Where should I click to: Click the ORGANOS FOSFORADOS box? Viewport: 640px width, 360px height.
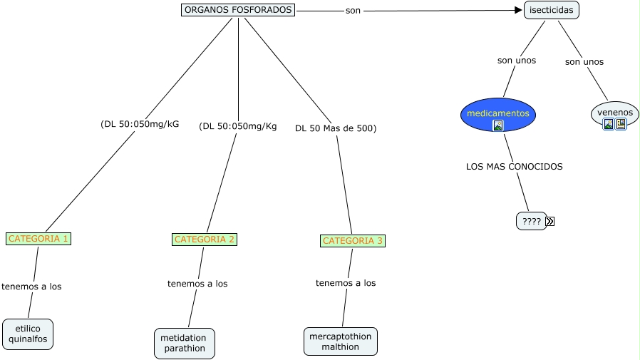point(238,10)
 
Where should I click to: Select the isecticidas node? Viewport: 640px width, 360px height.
point(551,11)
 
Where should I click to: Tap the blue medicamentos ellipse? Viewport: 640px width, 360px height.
point(497,114)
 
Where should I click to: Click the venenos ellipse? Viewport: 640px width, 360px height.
point(614,113)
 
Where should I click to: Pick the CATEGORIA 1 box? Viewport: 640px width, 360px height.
point(38,238)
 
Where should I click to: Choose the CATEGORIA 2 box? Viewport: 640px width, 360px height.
point(205,240)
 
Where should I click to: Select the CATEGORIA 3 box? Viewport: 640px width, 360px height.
point(353,241)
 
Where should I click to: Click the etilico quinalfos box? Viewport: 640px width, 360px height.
point(28,334)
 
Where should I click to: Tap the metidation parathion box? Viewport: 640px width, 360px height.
point(184,343)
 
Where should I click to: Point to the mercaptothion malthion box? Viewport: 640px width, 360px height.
point(341,341)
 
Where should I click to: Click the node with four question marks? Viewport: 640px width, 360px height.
point(531,221)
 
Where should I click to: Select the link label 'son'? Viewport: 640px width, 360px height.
point(352,11)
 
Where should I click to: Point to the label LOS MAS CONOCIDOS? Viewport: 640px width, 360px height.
point(514,167)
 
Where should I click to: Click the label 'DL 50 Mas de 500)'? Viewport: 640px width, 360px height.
point(336,129)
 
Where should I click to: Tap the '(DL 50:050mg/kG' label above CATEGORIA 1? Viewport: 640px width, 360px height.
point(140,124)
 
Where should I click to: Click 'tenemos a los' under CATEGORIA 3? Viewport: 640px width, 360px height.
point(346,283)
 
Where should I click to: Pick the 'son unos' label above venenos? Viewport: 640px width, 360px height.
point(584,62)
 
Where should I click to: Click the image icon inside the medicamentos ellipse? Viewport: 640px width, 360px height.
point(498,125)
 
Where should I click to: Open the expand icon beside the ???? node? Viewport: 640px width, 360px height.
point(549,222)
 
